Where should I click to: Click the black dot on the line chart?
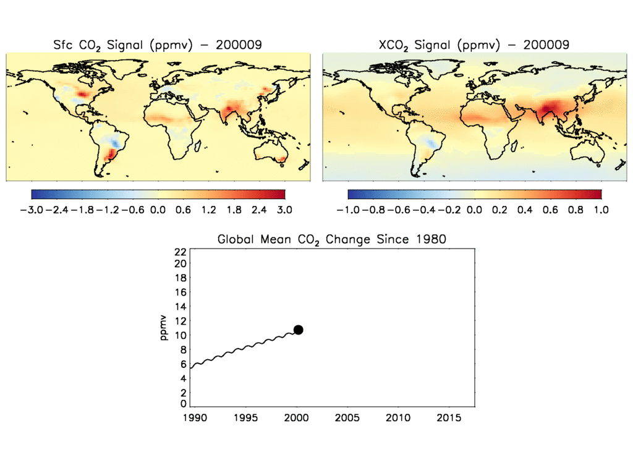point(298,330)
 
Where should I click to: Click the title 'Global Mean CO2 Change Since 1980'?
point(331,239)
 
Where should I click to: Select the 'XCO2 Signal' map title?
point(474,45)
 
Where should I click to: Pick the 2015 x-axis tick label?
point(449,418)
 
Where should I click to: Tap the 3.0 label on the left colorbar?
point(285,210)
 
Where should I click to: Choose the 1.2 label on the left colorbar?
point(208,210)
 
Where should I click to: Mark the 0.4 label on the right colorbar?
point(525,210)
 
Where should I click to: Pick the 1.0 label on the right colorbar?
point(601,210)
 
